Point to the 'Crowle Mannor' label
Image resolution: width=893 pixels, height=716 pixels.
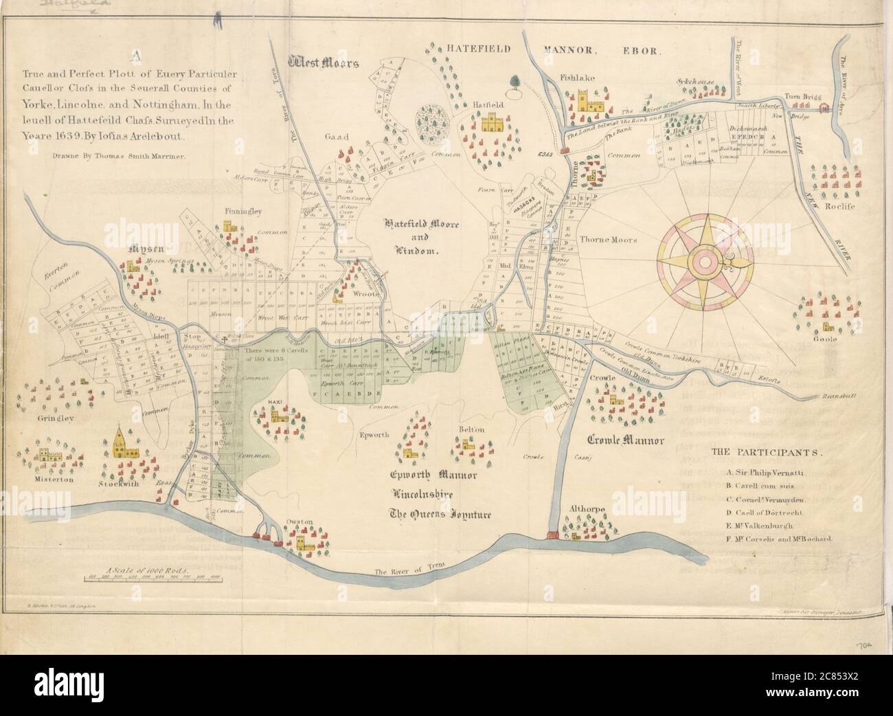pyautogui.click(x=625, y=440)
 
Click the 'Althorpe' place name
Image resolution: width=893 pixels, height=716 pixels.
pyautogui.click(x=586, y=508)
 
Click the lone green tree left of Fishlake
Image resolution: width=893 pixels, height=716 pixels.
pyautogui.click(x=514, y=83)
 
